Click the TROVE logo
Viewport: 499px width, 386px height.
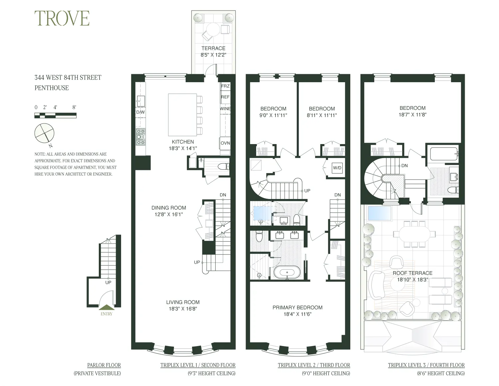(62, 18)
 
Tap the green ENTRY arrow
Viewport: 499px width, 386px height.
(106, 308)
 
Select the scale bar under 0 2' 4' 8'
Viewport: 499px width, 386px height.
(55, 115)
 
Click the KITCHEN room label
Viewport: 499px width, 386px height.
(183, 142)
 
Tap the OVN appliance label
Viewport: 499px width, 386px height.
(225, 143)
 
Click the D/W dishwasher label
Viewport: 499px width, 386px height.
(140, 112)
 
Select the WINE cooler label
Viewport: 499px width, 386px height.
(225, 109)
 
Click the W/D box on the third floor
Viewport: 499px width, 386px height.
(337, 168)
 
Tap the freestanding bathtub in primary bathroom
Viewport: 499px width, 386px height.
(287, 272)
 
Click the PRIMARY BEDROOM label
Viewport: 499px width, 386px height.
(297, 307)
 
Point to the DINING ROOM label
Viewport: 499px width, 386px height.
(169, 208)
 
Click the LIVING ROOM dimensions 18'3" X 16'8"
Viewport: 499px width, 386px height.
(183, 309)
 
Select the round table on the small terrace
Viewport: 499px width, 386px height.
(213, 29)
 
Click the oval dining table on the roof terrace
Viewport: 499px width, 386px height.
(413, 234)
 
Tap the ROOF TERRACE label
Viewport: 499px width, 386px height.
(413, 273)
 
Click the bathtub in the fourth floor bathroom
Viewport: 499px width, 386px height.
(443, 154)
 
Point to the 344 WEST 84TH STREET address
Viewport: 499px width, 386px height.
(68, 78)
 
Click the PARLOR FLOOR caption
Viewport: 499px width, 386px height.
(104, 365)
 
